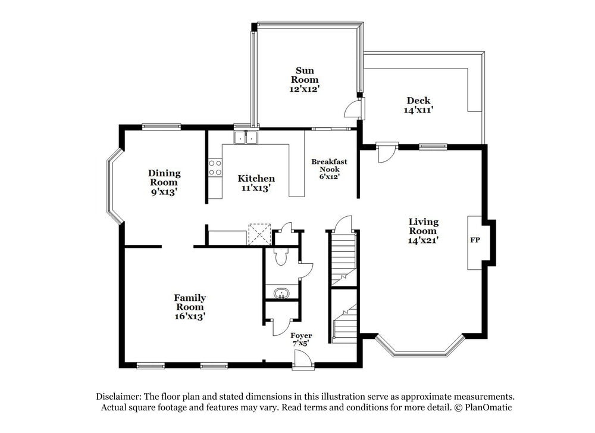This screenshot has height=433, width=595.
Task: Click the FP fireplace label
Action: point(475,241)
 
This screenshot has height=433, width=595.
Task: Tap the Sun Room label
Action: point(304,75)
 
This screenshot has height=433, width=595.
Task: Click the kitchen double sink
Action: point(246,138)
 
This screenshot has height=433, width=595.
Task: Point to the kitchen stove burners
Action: point(215,167)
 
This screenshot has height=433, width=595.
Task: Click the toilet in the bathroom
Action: point(280,256)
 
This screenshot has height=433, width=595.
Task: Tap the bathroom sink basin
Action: point(280,293)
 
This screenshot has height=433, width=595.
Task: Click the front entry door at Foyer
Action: point(302,359)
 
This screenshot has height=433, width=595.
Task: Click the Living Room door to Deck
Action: point(386,152)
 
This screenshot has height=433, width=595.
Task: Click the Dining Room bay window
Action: point(114,186)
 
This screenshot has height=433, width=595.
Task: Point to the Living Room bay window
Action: point(420,348)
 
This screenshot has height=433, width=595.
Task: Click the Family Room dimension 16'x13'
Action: point(190,317)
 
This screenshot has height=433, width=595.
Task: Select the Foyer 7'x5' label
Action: point(301,339)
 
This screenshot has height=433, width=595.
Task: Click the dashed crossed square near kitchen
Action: point(259,233)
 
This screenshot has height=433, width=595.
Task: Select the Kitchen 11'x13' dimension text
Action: point(256,188)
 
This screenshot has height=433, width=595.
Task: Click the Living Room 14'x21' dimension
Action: point(423,240)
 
